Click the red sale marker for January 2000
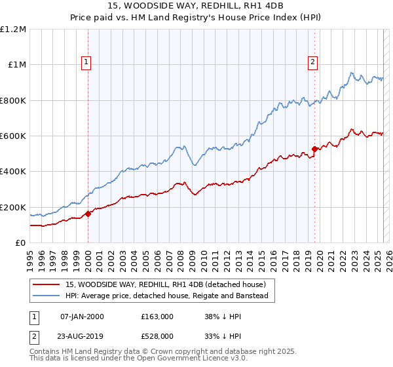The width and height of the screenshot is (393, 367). [88, 214]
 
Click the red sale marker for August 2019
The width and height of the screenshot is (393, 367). [314, 149]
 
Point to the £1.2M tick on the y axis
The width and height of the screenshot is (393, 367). [14, 29]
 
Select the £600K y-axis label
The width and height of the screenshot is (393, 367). [13, 136]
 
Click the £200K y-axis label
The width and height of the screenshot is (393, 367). [13, 207]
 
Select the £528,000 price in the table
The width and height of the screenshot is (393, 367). [157, 337]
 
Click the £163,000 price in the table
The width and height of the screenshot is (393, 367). [157, 317]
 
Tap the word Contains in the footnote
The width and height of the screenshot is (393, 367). [46, 352]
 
